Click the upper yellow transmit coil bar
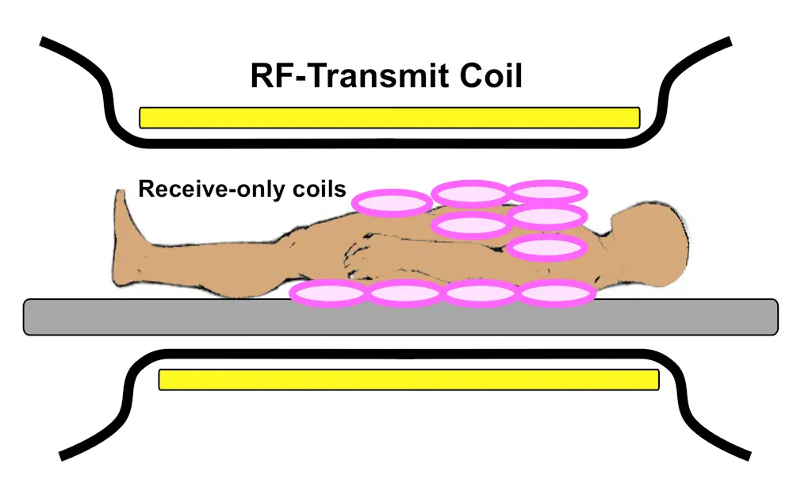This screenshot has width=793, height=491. point(389,117)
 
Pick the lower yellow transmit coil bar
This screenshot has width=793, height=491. point(408,380)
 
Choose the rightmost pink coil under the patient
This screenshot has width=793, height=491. point(557,293)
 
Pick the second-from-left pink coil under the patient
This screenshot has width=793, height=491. point(405,293)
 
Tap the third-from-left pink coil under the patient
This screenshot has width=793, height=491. point(481,293)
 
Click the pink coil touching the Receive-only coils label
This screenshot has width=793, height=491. point(393,203)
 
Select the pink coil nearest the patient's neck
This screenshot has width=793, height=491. point(546,247)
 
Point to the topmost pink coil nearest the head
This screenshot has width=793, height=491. point(547,191)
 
